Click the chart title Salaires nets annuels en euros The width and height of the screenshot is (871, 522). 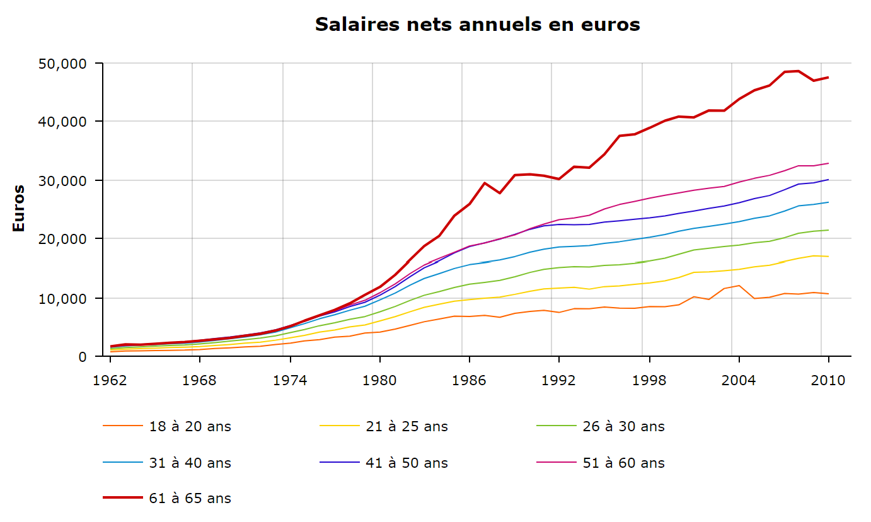point(477,25)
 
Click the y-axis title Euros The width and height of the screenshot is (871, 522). point(19,208)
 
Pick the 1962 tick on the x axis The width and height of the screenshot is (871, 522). point(110,381)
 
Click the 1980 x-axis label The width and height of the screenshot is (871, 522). point(379,381)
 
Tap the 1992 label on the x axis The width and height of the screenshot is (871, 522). point(559,381)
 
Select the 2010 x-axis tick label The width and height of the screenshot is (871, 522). point(828,381)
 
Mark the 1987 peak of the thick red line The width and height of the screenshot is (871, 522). point(484,183)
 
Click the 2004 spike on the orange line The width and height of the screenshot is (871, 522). point(739,286)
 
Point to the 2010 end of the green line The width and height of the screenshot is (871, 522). point(828,230)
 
